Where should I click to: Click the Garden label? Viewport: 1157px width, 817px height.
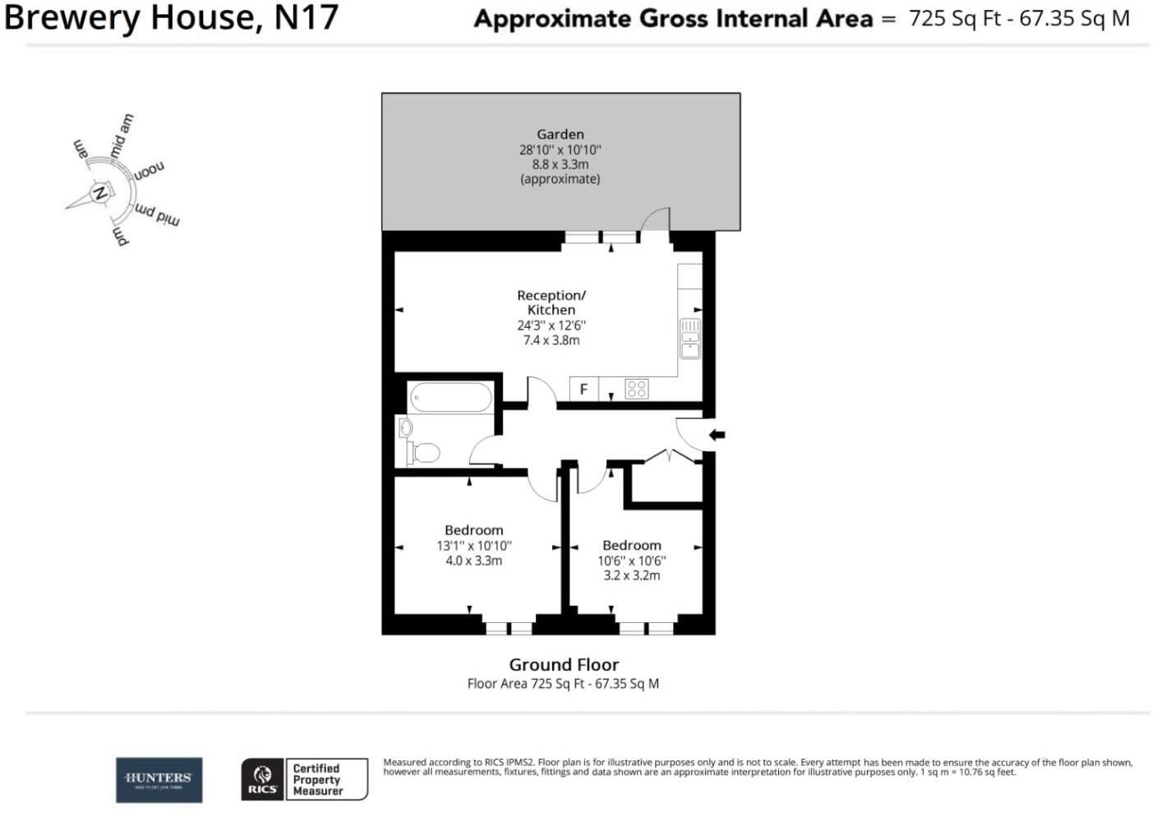(560, 134)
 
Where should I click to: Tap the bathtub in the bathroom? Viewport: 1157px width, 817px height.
(450, 398)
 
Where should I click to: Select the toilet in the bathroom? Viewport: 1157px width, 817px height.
(424, 452)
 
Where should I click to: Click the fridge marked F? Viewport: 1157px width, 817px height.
(583, 389)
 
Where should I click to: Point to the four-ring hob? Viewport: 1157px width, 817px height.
(637, 389)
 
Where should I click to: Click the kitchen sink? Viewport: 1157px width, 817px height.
(689, 339)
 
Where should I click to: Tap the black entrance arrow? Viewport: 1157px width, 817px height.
(717, 435)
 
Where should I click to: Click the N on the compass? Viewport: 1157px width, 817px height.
(99, 194)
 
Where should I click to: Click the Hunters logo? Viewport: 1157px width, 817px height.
(159, 779)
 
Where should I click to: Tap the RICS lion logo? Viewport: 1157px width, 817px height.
(262, 779)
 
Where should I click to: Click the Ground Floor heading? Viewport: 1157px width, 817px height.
(564, 665)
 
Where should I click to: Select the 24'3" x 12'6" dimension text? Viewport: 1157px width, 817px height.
(551, 325)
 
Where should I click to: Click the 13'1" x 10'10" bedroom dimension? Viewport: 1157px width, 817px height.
(474, 546)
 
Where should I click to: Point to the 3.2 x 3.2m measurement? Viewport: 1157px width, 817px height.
(631, 575)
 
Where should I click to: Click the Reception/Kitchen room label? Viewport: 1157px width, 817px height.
(551, 302)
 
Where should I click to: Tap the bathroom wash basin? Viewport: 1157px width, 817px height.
(405, 428)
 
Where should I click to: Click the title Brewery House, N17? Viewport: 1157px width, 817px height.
(171, 18)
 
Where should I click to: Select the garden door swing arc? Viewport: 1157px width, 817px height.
(655, 218)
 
